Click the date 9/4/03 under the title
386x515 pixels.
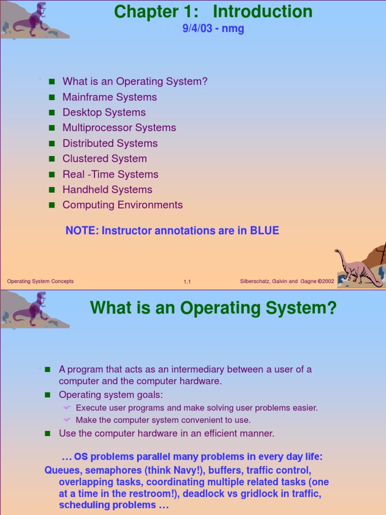coord(197,29)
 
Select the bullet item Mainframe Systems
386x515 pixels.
coord(110,97)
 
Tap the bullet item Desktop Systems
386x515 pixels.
coord(104,112)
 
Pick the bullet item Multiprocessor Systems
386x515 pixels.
coord(119,128)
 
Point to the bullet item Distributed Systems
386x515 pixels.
coord(110,143)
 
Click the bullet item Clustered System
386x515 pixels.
coord(105,159)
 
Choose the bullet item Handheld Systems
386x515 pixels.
coord(107,190)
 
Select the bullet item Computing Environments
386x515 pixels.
coord(123,205)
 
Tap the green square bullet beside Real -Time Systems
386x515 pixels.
coord(51,175)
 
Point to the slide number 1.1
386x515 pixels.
coord(187,282)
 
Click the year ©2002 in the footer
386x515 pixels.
coord(325,281)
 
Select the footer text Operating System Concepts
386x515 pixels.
coord(40,281)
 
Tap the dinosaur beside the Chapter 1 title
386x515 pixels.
coord(33,20)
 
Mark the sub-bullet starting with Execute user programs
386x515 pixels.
coord(197,408)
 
